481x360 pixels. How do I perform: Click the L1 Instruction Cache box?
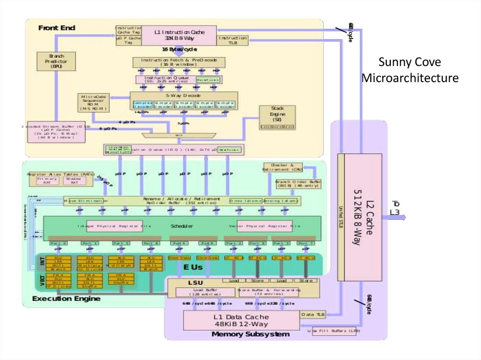pos(179,35)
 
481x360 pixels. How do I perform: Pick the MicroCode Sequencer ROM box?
pos(93,102)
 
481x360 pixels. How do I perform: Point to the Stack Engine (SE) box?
pos(277,117)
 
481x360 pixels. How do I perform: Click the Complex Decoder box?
pos(142,104)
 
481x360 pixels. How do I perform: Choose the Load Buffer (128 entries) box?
pos(205,292)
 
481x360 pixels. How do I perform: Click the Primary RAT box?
pos(47,181)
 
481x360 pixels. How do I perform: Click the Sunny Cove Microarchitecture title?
pos(410,70)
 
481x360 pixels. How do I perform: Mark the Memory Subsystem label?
pos(250,334)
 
